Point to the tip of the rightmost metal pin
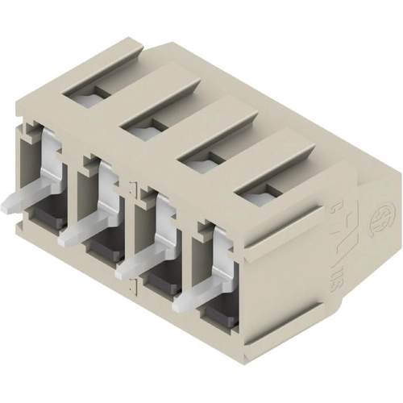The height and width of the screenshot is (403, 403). click(x=178, y=307)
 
